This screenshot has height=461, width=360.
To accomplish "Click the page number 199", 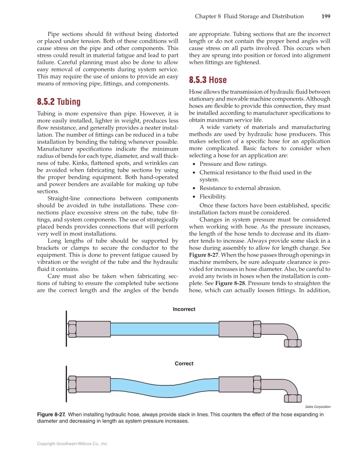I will point(325,17).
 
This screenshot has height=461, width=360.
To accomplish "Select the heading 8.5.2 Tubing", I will point(59,102).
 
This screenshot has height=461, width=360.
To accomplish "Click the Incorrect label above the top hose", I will point(184,310).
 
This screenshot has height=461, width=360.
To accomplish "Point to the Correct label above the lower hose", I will point(184,363).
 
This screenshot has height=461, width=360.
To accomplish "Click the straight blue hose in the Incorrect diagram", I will point(165,329).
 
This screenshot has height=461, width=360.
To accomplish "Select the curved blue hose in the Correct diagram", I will point(165,384).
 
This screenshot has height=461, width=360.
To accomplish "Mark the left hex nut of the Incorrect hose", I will point(72,329).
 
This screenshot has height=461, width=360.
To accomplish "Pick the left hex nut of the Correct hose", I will point(72,384).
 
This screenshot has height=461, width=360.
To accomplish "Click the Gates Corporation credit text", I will point(318,407).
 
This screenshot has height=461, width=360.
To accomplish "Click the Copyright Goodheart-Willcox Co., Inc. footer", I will point(73,444).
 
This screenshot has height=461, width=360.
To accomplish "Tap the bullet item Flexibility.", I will point(213,196).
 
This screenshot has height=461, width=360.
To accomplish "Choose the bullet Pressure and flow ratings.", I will point(233,164).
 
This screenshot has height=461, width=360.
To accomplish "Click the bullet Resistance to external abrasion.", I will point(240,188).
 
